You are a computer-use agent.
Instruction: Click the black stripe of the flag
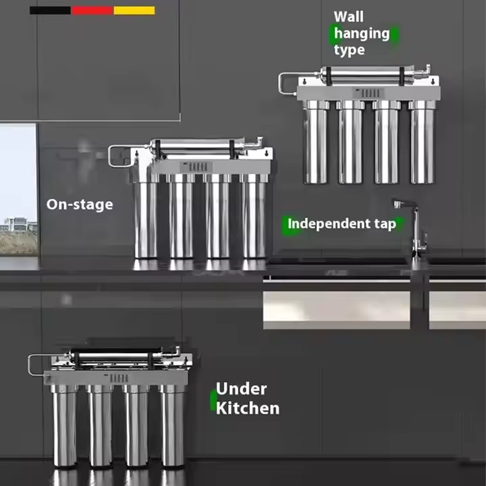pyautogui.click(x=50, y=11)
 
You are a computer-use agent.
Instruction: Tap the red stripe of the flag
pyautogui.click(x=92, y=11)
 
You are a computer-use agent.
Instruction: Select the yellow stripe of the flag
pyautogui.click(x=134, y=11)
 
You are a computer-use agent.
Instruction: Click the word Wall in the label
pyautogui.click(x=348, y=17)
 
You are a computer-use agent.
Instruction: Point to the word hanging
pyautogui.click(x=362, y=34)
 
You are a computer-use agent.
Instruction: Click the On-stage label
pyautogui.click(x=80, y=205)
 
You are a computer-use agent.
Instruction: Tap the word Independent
pyautogui.click(x=329, y=223)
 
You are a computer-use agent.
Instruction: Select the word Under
pyautogui.click(x=241, y=389)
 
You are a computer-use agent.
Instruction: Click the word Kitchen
pyautogui.click(x=248, y=408)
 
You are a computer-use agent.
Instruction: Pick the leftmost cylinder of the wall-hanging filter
pyautogui.click(x=316, y=142)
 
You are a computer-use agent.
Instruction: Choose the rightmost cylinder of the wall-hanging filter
pyautogui.click(x=422, y=142)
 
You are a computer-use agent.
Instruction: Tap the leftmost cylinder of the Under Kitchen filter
pyautogui.click(x=64, y=425)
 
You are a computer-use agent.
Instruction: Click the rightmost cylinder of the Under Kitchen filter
pyautogui.click(x=171, y=425)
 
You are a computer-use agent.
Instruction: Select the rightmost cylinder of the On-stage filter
pyautogui.click(x=254, y=216)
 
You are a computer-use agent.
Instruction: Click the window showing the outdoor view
pyautogui.click(x=18, y=189)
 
